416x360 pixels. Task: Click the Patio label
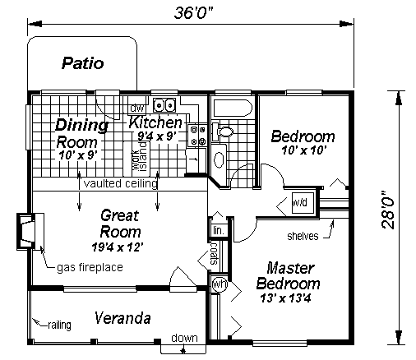pos(83,63)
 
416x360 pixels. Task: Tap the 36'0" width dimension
pos(193,12)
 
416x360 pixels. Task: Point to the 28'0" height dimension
pos(388,210)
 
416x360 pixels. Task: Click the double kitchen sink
pos(164,105)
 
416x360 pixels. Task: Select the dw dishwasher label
pos(136,108)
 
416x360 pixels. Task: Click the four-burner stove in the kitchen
pos(198,135)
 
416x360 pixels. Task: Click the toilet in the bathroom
pos(222,132)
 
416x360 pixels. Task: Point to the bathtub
pos(233,108)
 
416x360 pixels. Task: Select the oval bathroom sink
pos(219,159)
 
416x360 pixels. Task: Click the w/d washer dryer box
pos(300,203)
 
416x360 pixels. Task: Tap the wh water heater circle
pos(220,284)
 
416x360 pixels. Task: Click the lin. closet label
pos(219,230)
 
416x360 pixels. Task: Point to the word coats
pos(214,254)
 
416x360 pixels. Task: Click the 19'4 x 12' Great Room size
pos(118,247)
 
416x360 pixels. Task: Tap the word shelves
pos(303,236)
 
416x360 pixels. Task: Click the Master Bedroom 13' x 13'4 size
pos(285,298)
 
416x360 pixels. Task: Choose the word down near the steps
pos(184,338)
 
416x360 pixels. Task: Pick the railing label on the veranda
pos(59,325)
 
